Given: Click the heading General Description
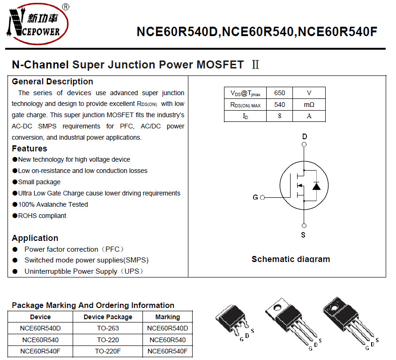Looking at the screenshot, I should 52,82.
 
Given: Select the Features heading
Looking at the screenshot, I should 30,149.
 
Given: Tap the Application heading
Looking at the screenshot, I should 35,238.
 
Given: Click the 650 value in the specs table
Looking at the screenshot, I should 279,93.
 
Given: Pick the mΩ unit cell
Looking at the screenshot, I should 309,105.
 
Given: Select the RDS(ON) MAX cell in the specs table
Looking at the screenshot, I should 245,105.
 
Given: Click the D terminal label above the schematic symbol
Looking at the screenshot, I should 305,137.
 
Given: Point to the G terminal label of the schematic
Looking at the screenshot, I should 255,197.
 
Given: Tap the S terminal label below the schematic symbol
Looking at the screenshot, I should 303,234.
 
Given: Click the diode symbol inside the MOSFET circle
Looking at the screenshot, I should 316,186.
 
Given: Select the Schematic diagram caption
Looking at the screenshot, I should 291,259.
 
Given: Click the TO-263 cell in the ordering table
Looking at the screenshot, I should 108,328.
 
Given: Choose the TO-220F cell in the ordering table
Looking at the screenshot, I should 108,351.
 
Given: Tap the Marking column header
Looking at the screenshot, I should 167,317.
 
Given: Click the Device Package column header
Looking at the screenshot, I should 108,317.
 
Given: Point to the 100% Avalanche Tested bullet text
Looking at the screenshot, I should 53,204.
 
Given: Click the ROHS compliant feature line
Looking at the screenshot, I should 42,216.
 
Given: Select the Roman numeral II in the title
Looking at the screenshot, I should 255,65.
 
